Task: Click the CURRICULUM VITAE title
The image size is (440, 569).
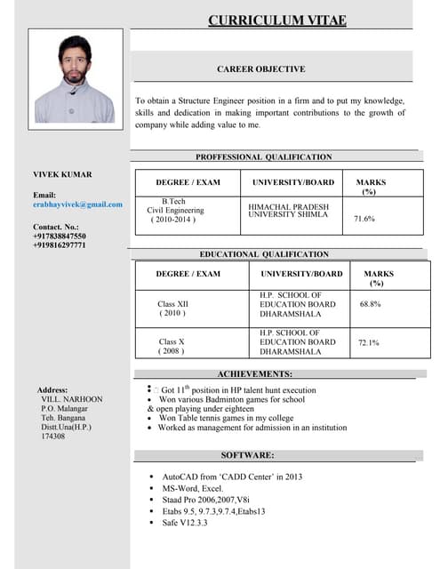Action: click(x=277, y=20)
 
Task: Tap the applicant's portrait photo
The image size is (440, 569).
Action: click(x=76, y=79)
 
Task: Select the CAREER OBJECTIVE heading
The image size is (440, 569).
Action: click(x=261, y=68)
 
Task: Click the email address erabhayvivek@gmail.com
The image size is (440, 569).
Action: click(x=77, y=204)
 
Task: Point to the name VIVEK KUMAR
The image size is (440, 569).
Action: click(x=62, y=174)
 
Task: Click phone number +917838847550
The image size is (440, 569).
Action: click(x=60, y=236)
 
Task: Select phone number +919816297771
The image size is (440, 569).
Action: click(x=60, y=245)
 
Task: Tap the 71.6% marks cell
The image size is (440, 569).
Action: click(x=364, y=218)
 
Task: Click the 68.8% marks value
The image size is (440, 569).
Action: click(x=371, y=304)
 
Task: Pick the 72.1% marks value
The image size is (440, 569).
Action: click(x=368, y=342)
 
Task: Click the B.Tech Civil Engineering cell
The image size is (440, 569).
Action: click(x=175, y=211)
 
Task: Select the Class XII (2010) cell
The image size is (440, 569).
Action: click(x=172, y=309)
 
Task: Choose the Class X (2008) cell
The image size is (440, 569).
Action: click(x=172, y=346)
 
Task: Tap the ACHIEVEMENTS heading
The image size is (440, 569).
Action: click(x=255, y=374)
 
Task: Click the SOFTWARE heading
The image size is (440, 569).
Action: click(x=248, y=455)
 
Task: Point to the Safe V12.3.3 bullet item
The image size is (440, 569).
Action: click(x=184, y=522)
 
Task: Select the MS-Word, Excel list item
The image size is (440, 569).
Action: click(x=192, y=488)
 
